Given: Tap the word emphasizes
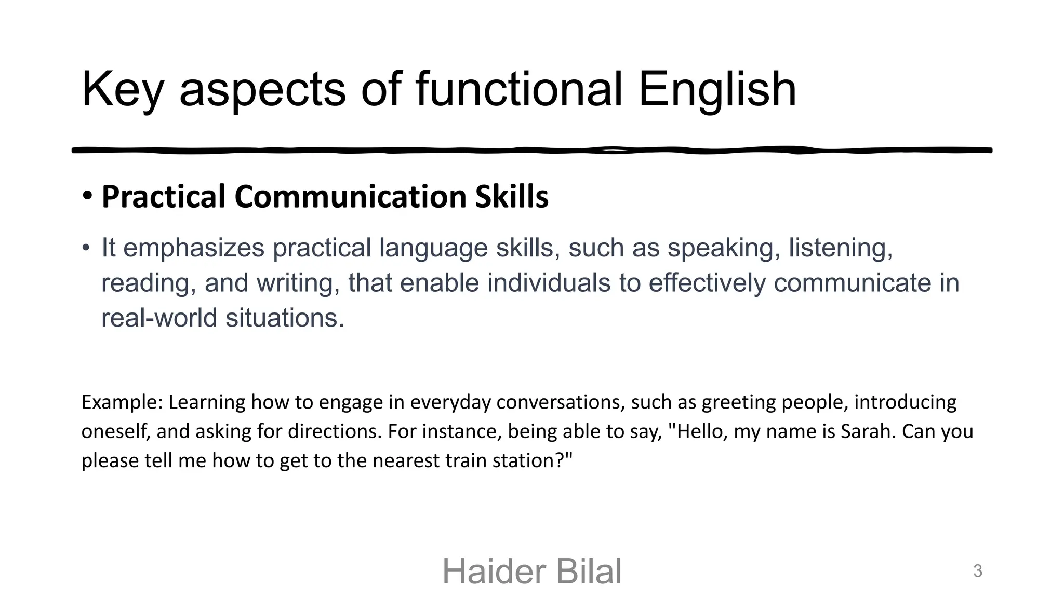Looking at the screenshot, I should tap(193, 248).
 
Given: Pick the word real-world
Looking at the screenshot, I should tap(159, 318).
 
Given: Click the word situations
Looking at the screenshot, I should tap(285, 318).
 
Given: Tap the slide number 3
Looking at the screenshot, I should tap(977, 571).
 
